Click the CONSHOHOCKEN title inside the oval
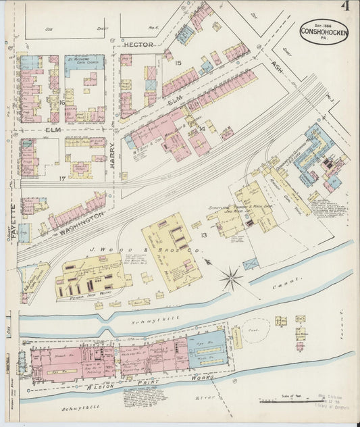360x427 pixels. [x=324, y=30]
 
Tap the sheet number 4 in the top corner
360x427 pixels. [x=344, y=7]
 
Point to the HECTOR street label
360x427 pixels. [x=139, y=44]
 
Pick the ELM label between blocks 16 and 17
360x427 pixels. [x=53, y=128]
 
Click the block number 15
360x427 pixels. [x=178, y=63]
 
